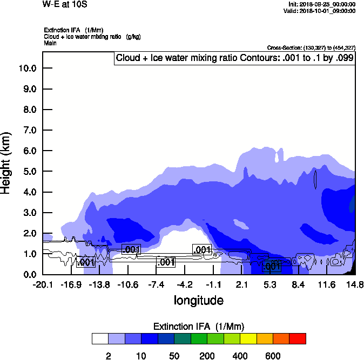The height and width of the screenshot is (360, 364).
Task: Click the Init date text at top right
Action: click(x=322, y=4)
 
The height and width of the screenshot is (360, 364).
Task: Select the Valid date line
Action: click(x=322, y=11)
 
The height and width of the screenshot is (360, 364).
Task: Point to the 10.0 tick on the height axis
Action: click(x=27, y=68)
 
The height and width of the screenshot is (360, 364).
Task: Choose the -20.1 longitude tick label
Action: click(x=43, y=284)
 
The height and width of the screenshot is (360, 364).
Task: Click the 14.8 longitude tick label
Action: click(x=355, y=284)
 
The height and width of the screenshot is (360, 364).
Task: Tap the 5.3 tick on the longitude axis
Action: click(x=270, y=284)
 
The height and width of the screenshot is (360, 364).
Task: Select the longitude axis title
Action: click(x=198, y=300)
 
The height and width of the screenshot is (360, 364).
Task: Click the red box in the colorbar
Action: click(x=298, y=339)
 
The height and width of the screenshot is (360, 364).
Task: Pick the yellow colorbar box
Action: click(x=248, y=339)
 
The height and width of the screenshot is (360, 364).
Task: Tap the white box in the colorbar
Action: click(x=100, y=339)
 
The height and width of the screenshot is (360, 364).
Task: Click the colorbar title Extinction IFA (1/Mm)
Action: click(x=199, y=327)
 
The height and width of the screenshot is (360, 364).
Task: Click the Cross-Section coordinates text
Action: click(x=311, y=48)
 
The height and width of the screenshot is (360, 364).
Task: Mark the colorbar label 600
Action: click(x=273, y=356)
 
